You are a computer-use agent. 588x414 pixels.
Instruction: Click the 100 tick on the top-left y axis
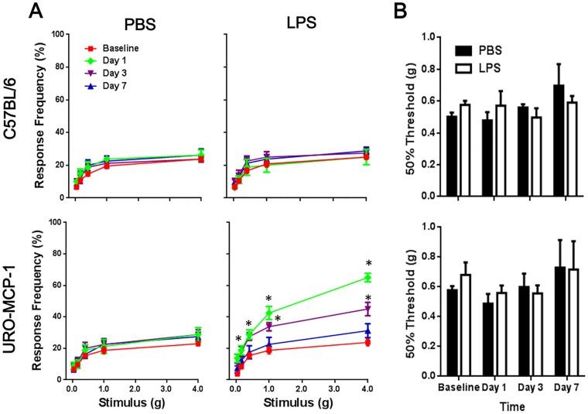[x=56, y=34]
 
